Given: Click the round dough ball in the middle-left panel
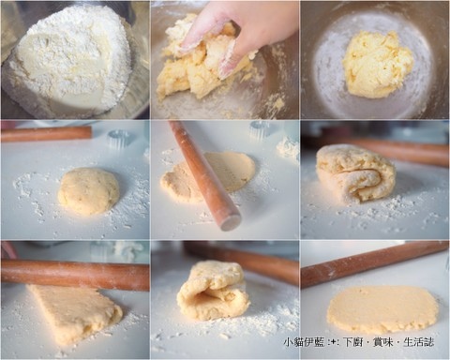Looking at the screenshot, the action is click(x=89, y=191).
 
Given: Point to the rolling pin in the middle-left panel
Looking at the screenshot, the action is click(x=46, y=134).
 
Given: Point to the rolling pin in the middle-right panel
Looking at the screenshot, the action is click(x=403, y=152).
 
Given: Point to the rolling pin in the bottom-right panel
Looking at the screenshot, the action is click(x=375, y=264).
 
